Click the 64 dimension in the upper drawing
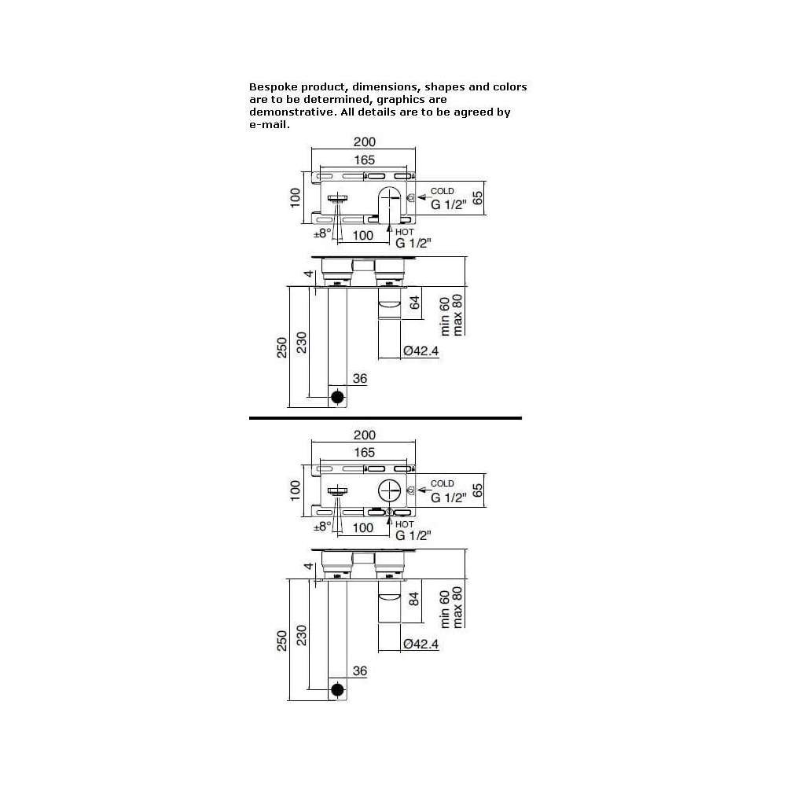414,303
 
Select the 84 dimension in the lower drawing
414,599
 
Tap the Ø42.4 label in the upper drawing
421,351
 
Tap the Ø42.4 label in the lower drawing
421,644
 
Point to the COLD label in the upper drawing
442,191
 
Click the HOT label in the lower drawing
405,524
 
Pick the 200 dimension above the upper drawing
365,141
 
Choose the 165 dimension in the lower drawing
365,452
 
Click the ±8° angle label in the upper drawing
322,233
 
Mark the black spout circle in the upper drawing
337,397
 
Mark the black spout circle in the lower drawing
337,690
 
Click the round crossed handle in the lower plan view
390,490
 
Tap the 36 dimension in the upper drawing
360,379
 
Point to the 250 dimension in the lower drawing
281,641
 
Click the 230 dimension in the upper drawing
301,343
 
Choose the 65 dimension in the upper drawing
478,197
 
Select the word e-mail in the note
269,125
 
